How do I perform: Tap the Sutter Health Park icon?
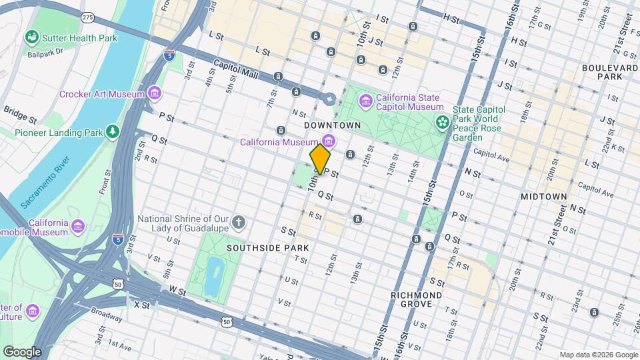(31, 37)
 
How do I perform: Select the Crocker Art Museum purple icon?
(155, 93)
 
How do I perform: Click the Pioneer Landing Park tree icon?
(113, 131)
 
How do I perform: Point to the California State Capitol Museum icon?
(365, 101)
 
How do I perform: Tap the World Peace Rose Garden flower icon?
(441, 122)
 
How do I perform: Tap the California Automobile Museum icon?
(79, 227)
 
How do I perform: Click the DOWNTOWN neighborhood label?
(332, 125)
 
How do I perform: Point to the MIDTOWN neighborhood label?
(543, 197)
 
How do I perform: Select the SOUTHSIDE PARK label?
(267, 247)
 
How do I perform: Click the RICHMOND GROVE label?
(417, 299)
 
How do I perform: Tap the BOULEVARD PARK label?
(610, 72)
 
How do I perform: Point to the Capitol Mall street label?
(235, 67)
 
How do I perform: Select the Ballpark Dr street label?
(45, 51)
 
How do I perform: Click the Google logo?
(21, 351)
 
